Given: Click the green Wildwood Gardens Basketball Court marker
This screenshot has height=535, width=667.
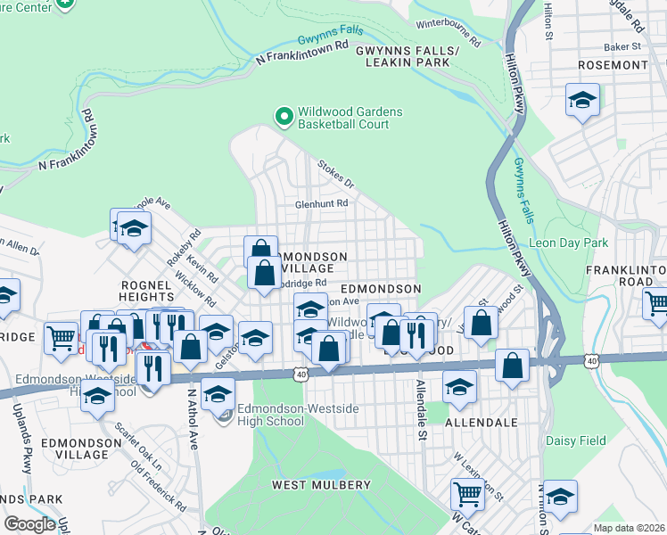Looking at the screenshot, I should point(284,117).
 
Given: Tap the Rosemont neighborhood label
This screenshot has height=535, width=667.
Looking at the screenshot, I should point(613,65).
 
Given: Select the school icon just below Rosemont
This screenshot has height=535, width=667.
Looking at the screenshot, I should point(582,101).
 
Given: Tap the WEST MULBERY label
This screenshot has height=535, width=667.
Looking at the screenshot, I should point(321,485).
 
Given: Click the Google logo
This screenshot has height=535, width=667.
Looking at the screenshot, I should point(29,524).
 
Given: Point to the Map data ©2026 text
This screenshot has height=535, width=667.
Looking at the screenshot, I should point(629,528).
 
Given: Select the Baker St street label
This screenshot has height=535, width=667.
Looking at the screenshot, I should point(624,45).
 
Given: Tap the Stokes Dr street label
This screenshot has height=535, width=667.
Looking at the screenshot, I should point(335,174).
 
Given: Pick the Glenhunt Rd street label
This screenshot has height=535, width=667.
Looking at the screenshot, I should point(322,203).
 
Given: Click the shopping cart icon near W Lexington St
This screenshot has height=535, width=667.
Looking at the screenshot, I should point(467,492).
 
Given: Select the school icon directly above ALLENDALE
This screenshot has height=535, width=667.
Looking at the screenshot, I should point(459,387).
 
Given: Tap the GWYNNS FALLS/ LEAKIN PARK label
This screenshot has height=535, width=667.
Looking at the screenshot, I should point(407,57).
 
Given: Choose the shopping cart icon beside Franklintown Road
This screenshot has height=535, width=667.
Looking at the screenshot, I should point(656,303).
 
